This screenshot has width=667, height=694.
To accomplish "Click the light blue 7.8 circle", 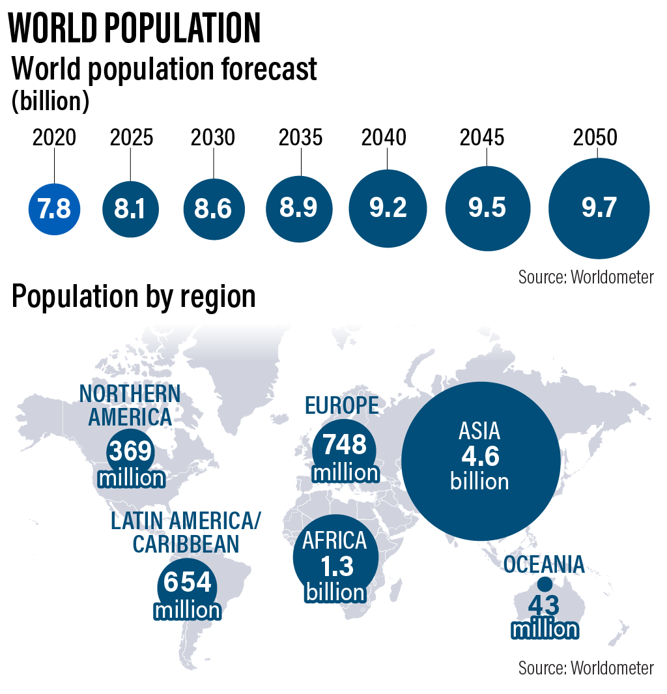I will tap(54, 209).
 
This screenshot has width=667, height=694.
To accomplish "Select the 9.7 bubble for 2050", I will tap(599, 208).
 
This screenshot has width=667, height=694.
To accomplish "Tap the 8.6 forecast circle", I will tap(214, 209).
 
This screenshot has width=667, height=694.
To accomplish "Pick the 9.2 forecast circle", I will tap(388, 208).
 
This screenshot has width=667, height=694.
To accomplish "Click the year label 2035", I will tap(300, 138).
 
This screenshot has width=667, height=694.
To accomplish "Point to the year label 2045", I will tap(481, 138).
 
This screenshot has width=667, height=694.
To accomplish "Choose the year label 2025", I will tap(132, 138).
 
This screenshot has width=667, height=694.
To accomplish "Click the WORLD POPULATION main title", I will tap(135, 27).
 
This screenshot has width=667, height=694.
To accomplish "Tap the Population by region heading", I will tap(134, 297).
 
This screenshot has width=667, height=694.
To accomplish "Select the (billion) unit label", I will tap(50, 101).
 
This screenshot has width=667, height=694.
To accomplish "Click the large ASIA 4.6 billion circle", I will tap(481, 461).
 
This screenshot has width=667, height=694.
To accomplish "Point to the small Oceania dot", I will tap(545, 585).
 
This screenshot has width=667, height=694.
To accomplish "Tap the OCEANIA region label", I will tap(544, 564).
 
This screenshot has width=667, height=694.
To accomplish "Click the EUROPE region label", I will tap(341, 405).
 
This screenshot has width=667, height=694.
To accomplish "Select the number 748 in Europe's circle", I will tap(345, 446).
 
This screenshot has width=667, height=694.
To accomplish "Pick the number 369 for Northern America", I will tap(130, 451).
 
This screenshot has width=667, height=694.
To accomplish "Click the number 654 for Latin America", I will tap(188, 581).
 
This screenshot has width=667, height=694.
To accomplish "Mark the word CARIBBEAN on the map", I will tap(186, 544).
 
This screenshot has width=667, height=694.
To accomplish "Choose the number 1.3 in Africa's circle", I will tap(336, 567).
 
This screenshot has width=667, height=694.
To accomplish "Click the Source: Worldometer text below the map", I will tap(586, 668).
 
